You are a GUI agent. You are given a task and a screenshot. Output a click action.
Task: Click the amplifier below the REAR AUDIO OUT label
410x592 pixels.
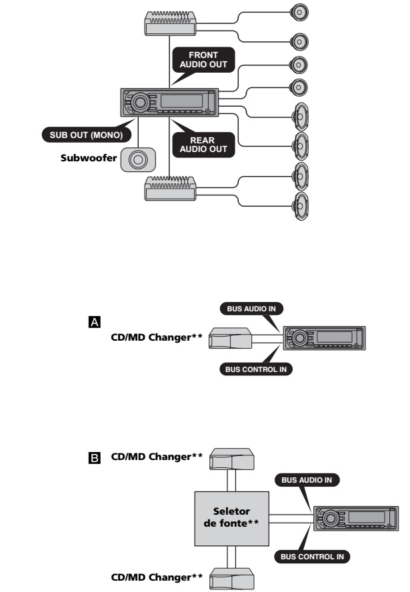pos(169,189)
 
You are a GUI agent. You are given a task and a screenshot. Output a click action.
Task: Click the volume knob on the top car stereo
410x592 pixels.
pos(140,103)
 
